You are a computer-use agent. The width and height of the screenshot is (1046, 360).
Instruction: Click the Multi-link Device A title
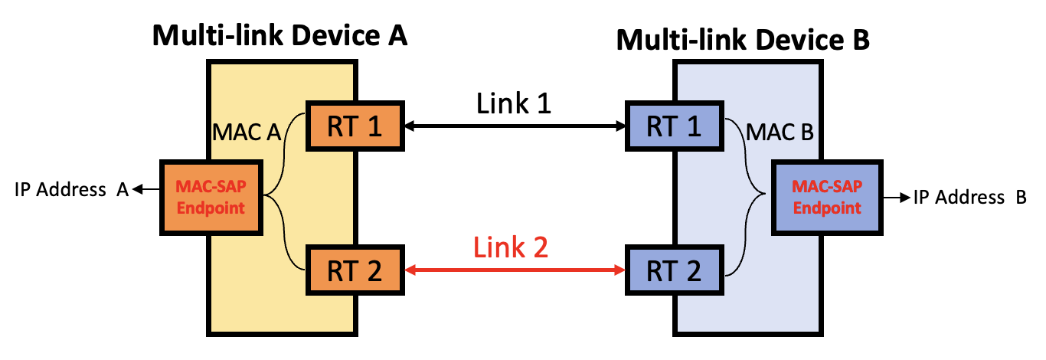pyautogui.click(x=279, y=35)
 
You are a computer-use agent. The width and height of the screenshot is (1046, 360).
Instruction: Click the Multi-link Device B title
pyautogui.click(x=743, y=39)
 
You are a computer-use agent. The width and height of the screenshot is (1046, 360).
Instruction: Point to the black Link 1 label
pyautogui.click(x=514, y=103)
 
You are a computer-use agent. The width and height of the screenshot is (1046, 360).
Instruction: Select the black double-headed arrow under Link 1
pyautogui.click(x=514, y=126)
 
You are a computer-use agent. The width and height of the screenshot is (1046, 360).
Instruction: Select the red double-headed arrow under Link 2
pyautogui.click(x=514, y=270)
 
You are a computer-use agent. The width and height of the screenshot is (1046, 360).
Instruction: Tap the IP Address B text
pyautogui.click(x=969, y=198)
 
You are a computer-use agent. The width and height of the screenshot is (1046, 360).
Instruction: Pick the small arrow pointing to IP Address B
pyautogui.click(x=894, y=198)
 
